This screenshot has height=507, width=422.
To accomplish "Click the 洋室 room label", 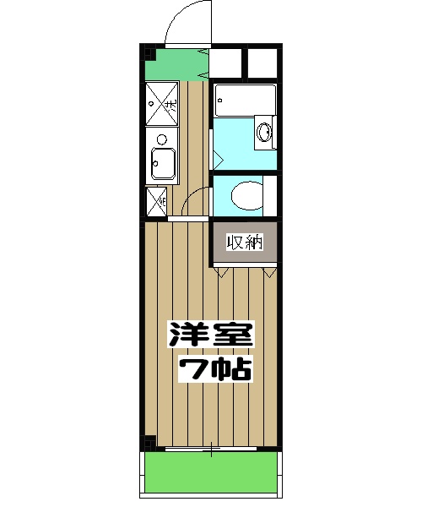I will point(212,336).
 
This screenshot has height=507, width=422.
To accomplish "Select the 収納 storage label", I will point(245,243).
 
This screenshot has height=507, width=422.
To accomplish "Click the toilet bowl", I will point(246,196).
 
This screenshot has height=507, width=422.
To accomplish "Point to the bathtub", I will point(245,101).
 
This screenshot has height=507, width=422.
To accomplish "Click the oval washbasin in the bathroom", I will point(264,133).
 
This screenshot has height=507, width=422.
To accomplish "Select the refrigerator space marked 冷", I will point(156,201).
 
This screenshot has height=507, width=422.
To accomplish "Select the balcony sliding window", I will point(211,448).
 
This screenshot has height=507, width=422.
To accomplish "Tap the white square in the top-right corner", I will point(262,63).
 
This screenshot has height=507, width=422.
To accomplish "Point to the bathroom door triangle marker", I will point(217,157).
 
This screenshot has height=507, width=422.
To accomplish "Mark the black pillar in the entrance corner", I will point(148,53).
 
